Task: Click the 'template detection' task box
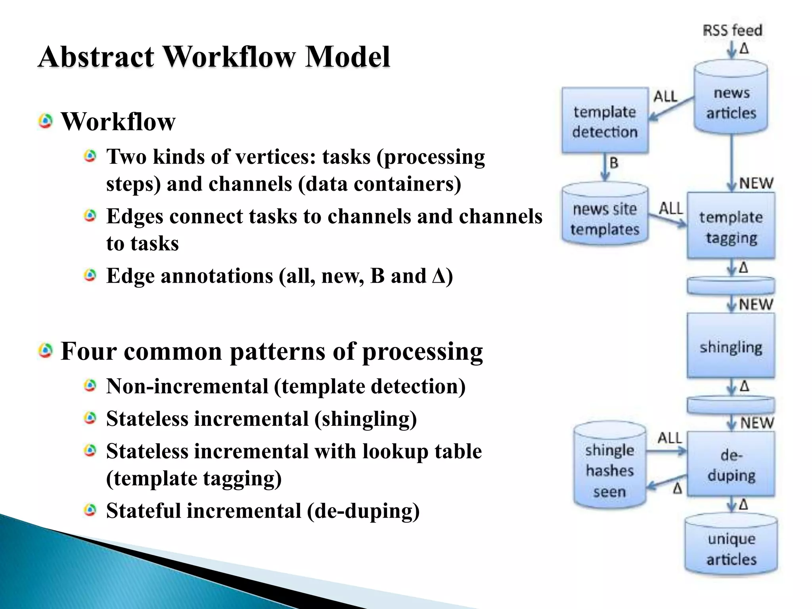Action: tap(605, 121)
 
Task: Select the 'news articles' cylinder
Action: tap(731, 99)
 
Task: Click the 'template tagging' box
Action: tap(731, 226)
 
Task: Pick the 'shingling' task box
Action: tap(731, 346)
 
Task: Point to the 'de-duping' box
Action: tap(731, 464)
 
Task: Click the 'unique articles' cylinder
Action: tap(731, 547)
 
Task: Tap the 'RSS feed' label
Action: tap(732, 30)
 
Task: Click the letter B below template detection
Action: tap(614, 163)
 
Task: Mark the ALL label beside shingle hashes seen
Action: tap(670, 438)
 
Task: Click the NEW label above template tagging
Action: tap(756, 183)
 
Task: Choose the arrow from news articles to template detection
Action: tap(671, 108)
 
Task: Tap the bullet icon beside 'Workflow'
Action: tap(46, 121)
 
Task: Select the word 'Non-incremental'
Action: tap(187, 386)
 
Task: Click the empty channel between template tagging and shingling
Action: tap(731, 285)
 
